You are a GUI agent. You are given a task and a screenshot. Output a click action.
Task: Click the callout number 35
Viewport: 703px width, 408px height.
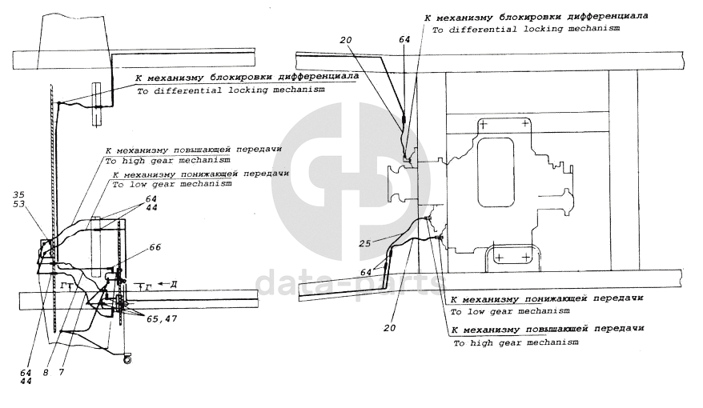[x=19, y=194]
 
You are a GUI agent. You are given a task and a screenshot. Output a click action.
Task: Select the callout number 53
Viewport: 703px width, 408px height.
[x=19, y=206]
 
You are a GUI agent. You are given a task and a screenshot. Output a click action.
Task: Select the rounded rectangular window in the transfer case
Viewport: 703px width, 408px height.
[x=495, y=163]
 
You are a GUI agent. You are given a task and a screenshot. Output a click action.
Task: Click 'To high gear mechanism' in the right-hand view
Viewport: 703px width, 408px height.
[x=516, y=342]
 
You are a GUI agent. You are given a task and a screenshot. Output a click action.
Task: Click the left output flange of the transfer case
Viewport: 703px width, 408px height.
[x=396, y=185]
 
